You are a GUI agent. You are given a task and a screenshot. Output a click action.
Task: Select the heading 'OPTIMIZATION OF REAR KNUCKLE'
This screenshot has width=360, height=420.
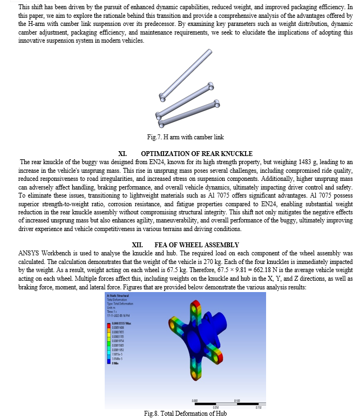(197, 154)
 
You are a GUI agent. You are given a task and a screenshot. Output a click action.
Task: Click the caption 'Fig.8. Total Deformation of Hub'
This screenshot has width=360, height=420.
(181, 414)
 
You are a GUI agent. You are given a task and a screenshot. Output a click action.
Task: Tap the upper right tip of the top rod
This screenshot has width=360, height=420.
(209, 52)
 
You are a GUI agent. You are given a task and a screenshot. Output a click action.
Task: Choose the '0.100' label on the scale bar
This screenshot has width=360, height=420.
(238, 400)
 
